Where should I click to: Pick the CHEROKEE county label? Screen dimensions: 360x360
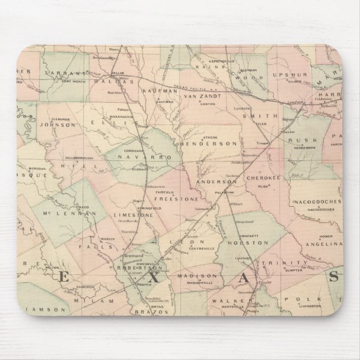coord(262,178)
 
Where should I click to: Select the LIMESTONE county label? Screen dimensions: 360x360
coord(130,214)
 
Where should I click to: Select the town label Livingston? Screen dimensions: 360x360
coord(309,306)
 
